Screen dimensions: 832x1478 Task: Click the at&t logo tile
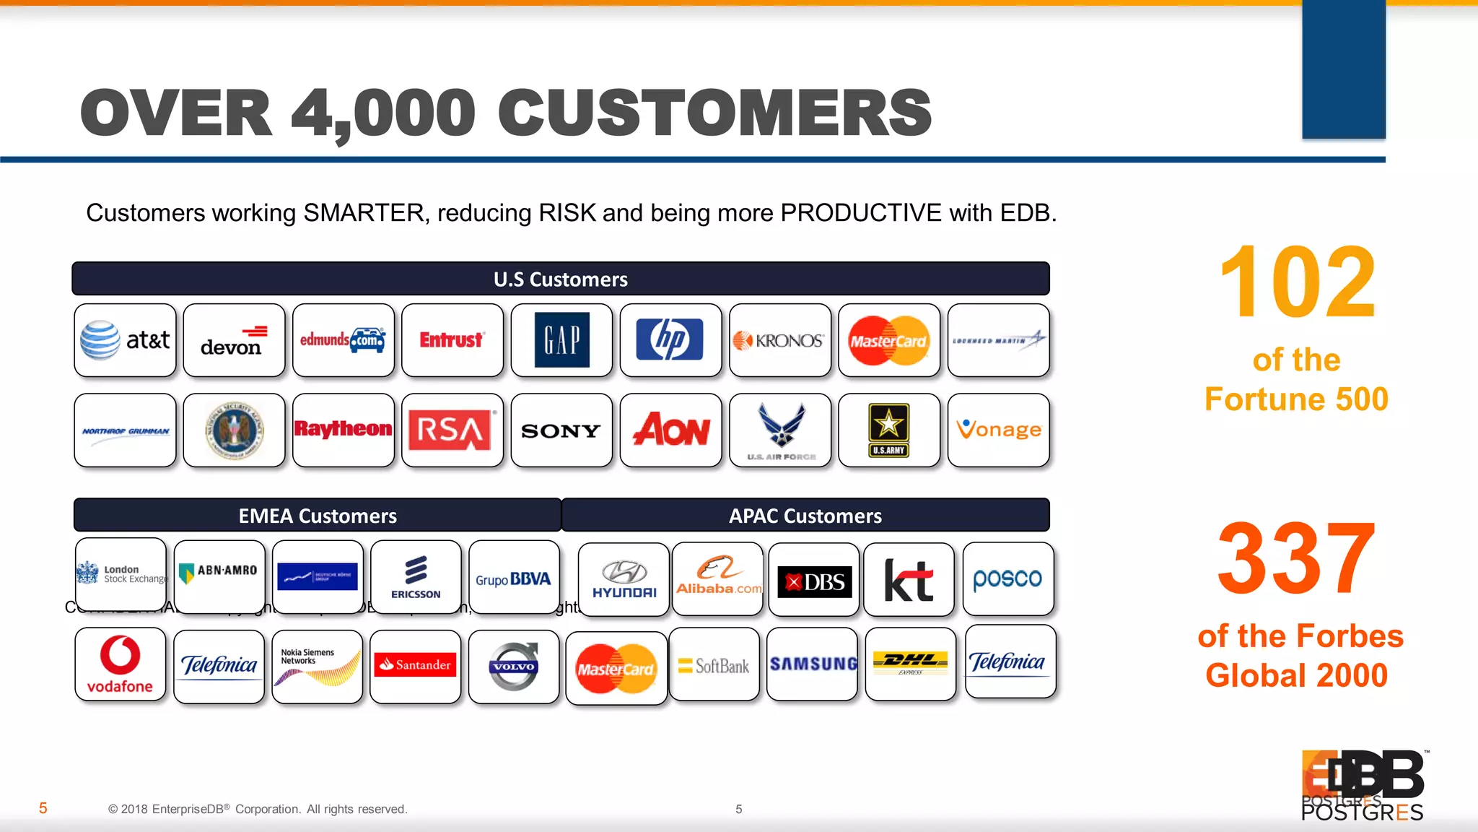point(125,340)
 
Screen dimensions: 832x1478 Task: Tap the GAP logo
point(561,340)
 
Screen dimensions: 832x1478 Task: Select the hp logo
point(670,339)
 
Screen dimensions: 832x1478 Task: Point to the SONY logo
point(561,430)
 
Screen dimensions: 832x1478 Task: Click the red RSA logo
point(450,430)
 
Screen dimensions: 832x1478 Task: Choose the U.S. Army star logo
point(888,430)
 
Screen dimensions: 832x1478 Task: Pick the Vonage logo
point(999,430)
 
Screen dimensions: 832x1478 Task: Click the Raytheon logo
point(343,429)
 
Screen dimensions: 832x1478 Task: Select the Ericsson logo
point(416,577)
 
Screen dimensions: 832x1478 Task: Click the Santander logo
point(415,664)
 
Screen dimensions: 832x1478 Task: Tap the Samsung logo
point(813,664)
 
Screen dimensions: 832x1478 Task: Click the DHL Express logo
point(910,664)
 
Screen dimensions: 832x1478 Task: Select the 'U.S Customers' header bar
point(561,279)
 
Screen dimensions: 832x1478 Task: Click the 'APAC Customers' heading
point(805,516)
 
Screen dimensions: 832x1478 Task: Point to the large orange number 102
point(1297,282)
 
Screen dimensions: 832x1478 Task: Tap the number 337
point(1297,559)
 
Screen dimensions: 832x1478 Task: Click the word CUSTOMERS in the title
point(714,113)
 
